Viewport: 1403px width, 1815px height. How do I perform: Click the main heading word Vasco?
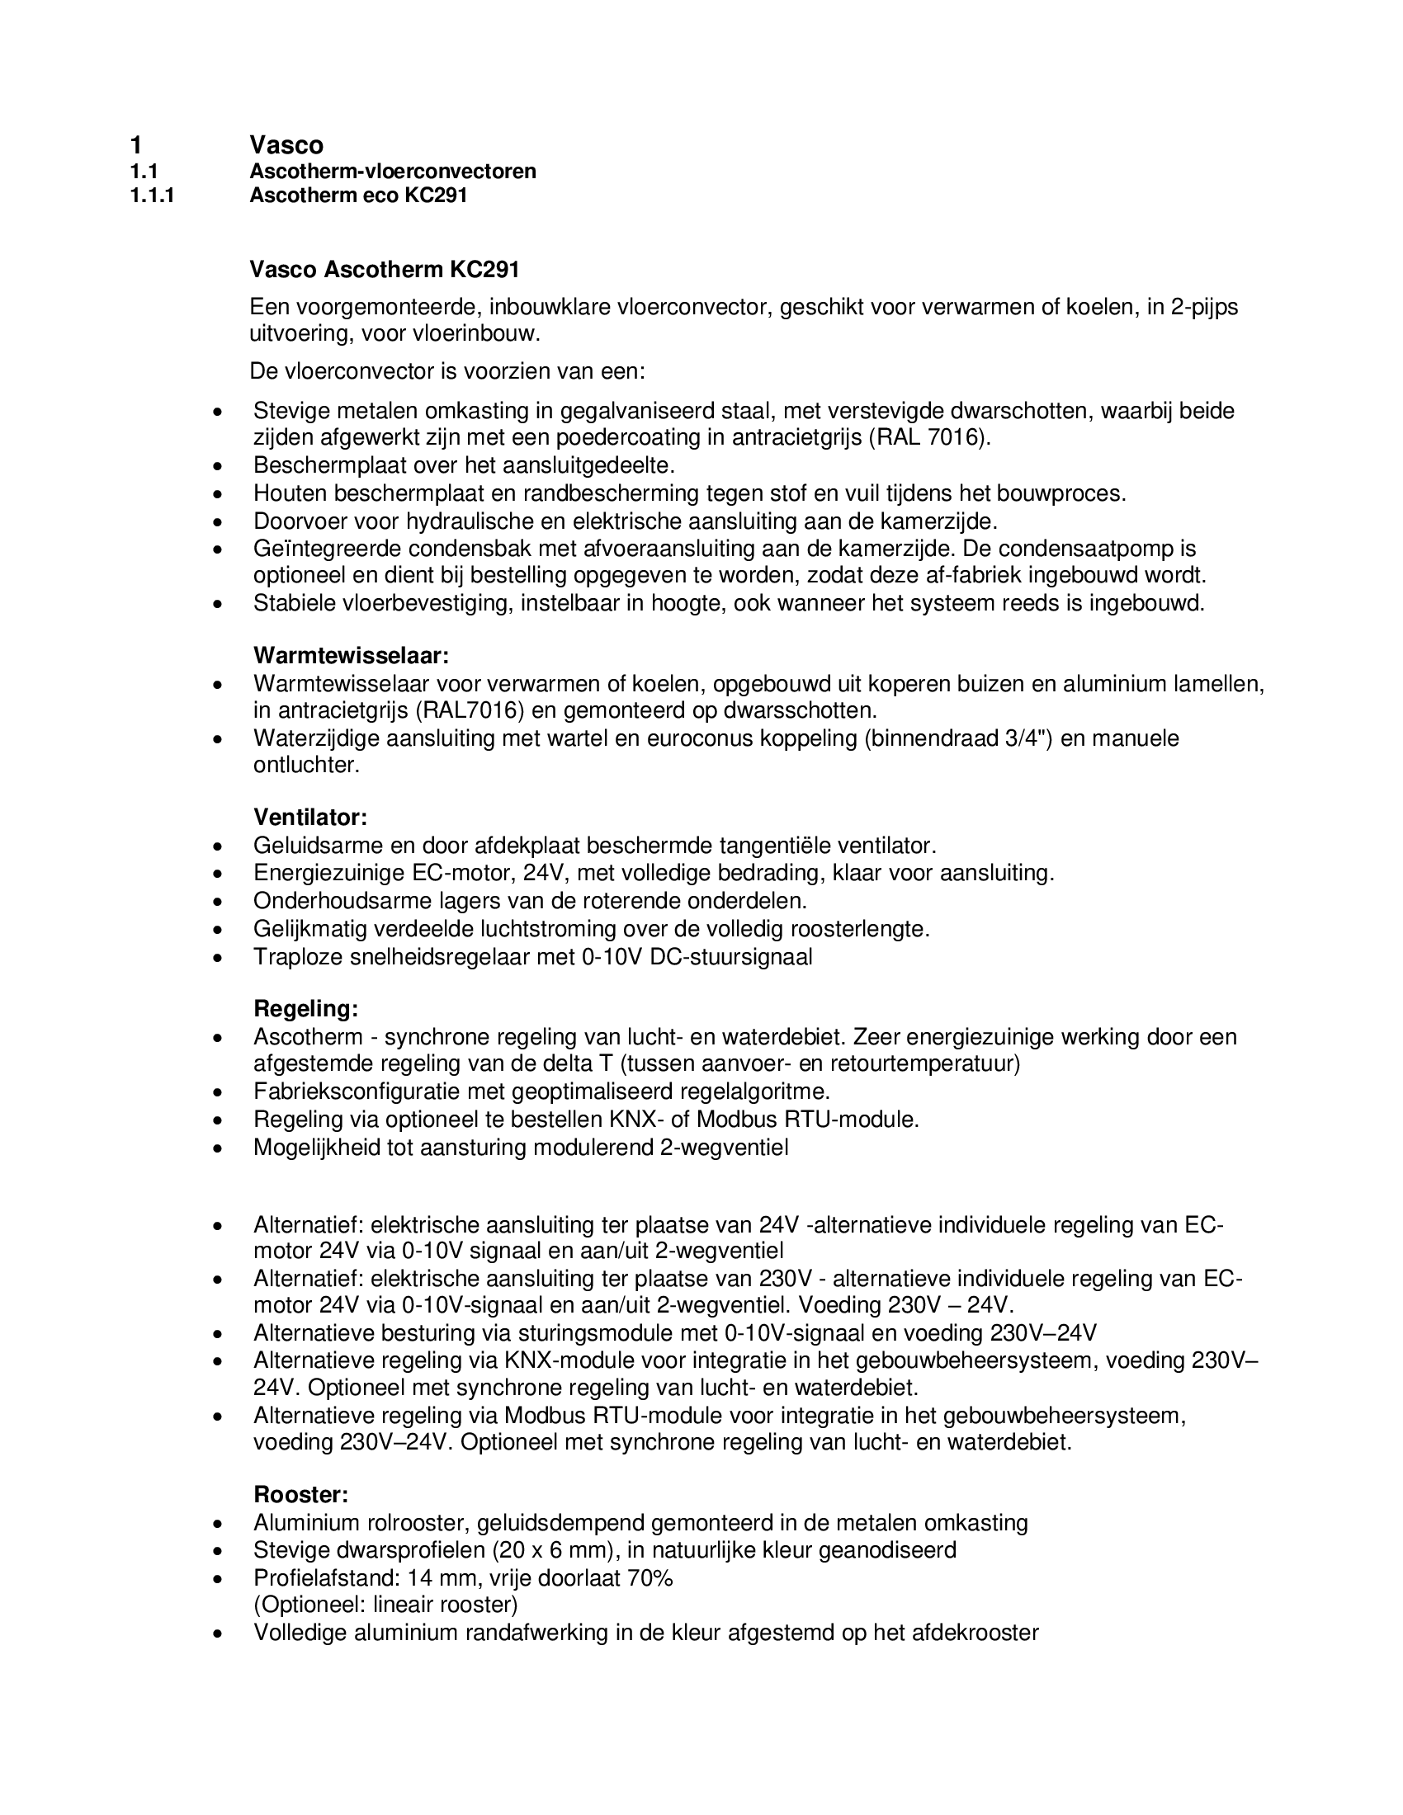point(286,145)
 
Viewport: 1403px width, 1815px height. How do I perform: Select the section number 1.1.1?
point(153,196)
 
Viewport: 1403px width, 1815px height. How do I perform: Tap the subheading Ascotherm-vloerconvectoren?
point(392,172)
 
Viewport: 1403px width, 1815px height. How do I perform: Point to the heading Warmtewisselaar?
point(351,656)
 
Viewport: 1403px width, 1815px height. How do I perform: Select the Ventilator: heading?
point(310,817)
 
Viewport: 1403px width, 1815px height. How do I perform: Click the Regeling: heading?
point(306,1009)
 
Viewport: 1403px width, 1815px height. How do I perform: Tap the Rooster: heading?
point(301,1495)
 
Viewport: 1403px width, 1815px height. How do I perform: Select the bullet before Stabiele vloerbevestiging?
point(218,605)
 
